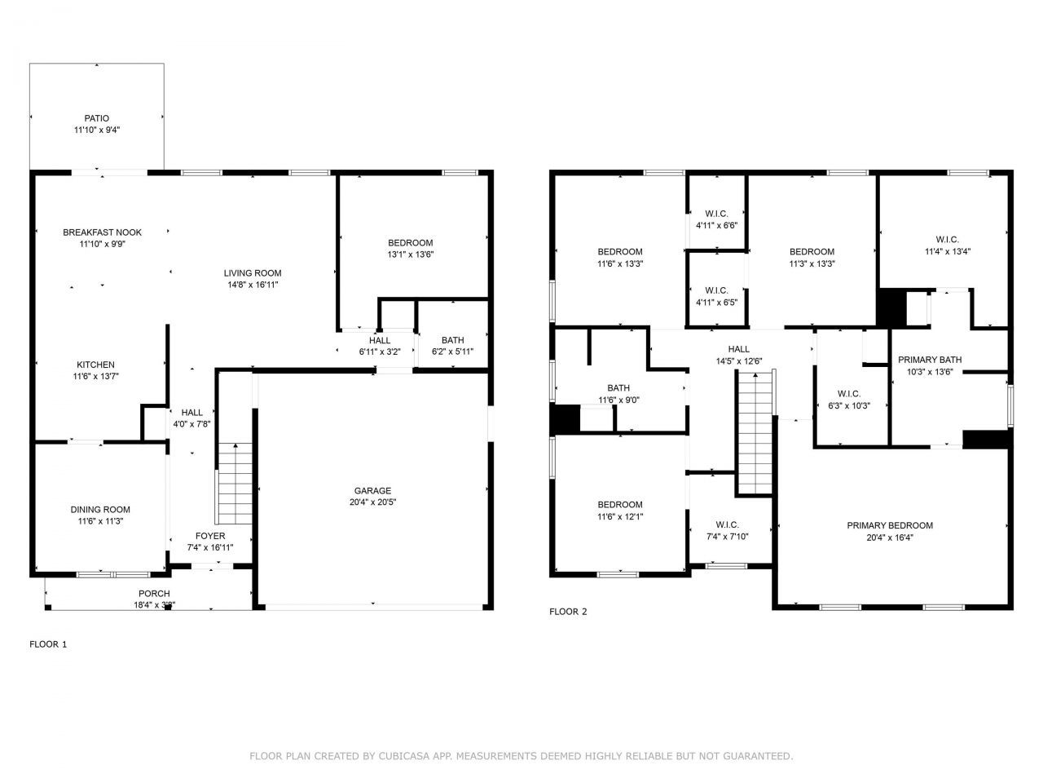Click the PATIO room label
pos(97,118)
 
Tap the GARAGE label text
pos(372,490)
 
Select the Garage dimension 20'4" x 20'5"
pos(372,502)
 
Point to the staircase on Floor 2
pos(755,431)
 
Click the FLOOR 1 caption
pos(48,644)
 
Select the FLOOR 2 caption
pos(568,612)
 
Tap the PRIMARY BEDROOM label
pos(890,525)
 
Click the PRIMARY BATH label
pos(930,360)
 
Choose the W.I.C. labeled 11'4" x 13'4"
pos(947,246)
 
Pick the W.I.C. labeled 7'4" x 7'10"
pos(727,530)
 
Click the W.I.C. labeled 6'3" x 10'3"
pos(849,400)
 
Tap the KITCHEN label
pos(96,365)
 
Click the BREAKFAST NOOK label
pos(102,232)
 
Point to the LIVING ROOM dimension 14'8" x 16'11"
pos(253,285)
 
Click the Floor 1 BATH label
pos(452,340)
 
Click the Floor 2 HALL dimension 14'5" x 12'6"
pos(739,361)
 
